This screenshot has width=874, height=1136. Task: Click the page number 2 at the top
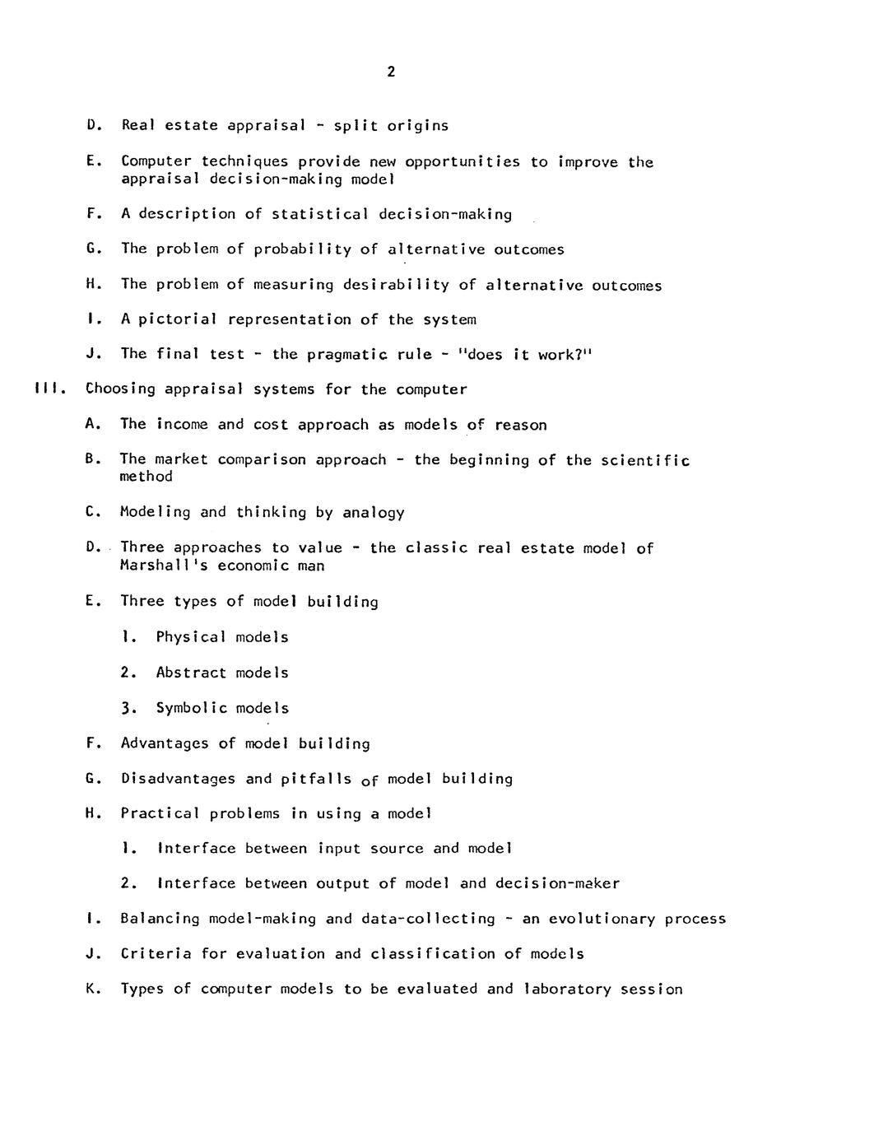[391, 72]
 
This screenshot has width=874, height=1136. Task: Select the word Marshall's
[164, 566]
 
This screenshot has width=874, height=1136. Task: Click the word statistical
[320, 215]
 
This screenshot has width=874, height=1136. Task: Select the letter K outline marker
[91, 989]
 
